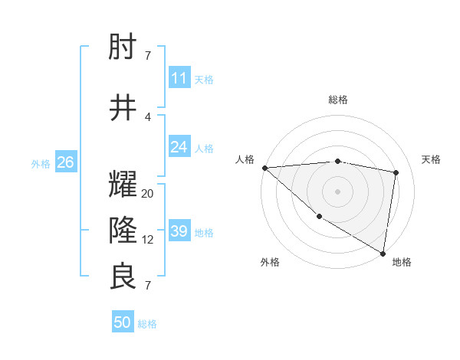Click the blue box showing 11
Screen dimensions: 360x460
[179, 78]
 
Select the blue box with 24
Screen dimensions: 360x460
[179, 147]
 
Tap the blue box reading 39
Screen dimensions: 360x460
[179, 231]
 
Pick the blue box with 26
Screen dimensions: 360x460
[65, 162]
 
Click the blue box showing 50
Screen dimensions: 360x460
[123, 322]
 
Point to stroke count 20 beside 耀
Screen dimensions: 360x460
[148, 194]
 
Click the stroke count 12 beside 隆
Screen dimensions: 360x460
[148, 240]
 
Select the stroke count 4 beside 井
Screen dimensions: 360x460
[148, 117]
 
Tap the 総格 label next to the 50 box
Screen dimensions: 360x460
[148, 324]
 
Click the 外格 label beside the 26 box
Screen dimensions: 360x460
[41, 163]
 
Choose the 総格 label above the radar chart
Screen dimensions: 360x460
[338, 100]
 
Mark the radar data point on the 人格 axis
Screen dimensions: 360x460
[264, 167]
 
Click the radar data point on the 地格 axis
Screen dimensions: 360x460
[383, 253]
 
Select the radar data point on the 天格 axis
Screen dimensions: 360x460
[396, 172]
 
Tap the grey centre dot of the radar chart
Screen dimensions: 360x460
[338, 191]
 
